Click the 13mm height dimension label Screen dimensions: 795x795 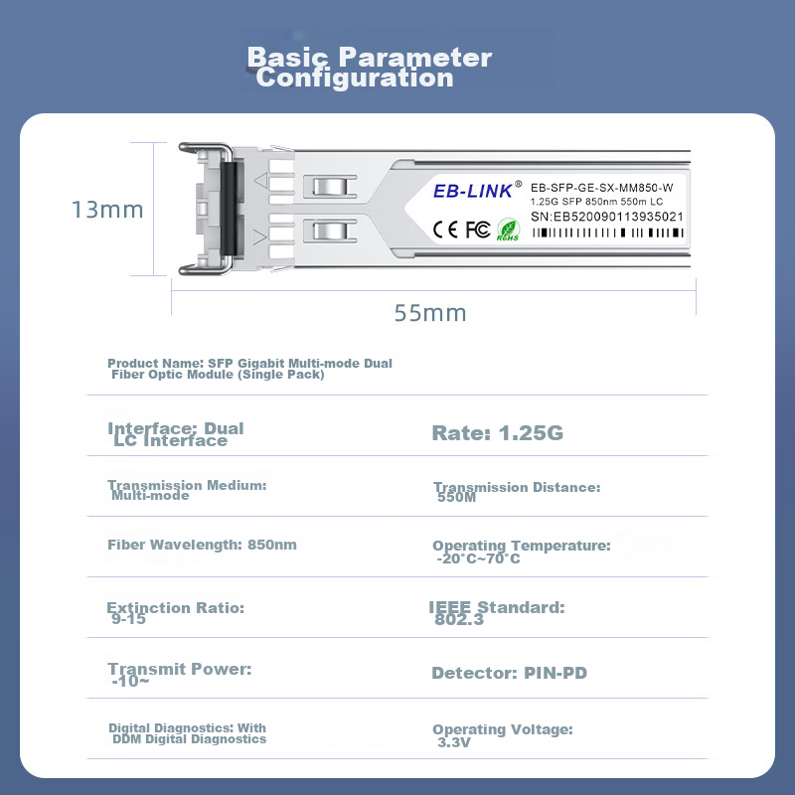107,210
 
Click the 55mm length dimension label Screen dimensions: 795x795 430,313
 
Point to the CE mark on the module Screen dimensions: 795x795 445,230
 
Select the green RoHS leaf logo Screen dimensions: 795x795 508,230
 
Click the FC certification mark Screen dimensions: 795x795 478,230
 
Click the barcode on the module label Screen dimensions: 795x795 607,233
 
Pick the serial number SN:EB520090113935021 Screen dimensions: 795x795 607,217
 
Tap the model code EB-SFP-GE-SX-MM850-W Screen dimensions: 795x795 602,188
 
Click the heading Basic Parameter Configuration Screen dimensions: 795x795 369,67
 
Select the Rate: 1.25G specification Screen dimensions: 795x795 498,433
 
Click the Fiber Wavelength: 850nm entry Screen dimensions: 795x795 202,545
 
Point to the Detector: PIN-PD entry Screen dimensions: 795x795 509,673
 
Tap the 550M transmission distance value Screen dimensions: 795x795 456,498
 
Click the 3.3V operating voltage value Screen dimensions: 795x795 454,742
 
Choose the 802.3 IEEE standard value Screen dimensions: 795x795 459,619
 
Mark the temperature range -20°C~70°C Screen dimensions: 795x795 478,558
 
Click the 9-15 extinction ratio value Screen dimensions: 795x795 128,619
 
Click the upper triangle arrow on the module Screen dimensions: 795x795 260,180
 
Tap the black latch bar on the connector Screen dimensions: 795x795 229,209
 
